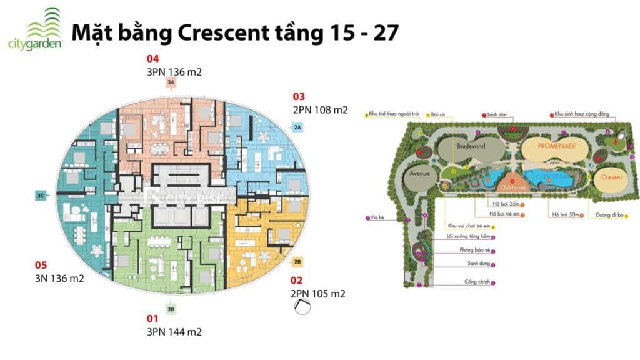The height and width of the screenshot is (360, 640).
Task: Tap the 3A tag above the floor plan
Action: coord(171,82)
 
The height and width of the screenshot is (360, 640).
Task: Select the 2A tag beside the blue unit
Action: coord(297,127)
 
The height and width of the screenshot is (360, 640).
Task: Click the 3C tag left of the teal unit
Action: coord(41,196)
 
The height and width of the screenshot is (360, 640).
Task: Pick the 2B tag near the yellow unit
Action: coord(297,261)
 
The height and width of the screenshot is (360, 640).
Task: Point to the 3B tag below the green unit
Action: coord(171,308)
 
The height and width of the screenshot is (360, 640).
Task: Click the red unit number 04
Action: coord(153,59)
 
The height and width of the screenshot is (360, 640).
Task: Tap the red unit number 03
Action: coord(299,96)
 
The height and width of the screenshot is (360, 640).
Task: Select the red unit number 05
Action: coord(41,264)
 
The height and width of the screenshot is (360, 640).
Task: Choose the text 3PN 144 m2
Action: coord(174,332)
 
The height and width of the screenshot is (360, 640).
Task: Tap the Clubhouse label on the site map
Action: coord(512,186)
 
